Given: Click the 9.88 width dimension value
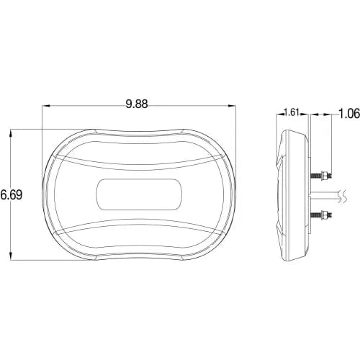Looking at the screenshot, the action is pos(137,104).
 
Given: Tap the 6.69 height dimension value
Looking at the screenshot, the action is pos(12,194).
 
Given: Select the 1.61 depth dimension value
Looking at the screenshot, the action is pos(291,112).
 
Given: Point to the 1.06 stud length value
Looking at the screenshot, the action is pos(349,114).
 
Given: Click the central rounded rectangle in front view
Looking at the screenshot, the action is pos(139,194).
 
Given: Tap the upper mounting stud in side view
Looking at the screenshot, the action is pos(322,176).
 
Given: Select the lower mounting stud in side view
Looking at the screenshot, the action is pos(322,215).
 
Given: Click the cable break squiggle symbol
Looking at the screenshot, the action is pos(343,196).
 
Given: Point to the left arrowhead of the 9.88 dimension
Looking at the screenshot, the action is pos(46,105).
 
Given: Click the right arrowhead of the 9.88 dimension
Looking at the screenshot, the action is pos(232,105).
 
